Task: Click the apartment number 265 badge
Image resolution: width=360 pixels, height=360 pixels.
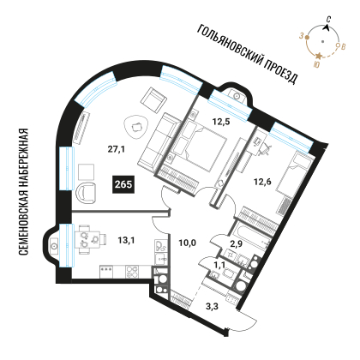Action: pos(123,184)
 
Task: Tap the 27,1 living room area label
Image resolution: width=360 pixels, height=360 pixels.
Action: pos(117,149)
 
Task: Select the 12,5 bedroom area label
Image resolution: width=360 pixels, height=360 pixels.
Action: pos(221,122)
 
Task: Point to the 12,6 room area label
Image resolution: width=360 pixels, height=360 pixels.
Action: pos(262,182)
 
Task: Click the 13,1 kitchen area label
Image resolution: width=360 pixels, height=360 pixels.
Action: pos(126,240)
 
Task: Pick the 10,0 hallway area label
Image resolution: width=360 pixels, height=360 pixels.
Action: pos(188,243)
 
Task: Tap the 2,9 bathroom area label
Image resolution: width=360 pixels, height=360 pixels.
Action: pos(237,243)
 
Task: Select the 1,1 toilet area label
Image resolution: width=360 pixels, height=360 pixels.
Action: pos(219,266)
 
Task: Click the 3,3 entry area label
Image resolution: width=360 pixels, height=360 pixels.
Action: pos(212,307)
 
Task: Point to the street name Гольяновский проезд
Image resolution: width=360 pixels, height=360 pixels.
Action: pos(248,54)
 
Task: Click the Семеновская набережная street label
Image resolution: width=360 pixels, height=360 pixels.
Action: pos(24,192)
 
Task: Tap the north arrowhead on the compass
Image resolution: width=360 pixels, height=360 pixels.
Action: pos(326,27)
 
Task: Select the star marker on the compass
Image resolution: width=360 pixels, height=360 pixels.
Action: pos(318,56)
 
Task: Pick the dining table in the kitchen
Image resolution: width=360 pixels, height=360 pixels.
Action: pos(87,240)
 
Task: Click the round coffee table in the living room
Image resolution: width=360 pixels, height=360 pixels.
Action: pos(136,126)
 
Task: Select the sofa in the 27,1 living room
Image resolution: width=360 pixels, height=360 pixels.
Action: pos(159,141)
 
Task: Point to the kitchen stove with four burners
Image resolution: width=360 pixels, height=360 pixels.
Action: pos(132,272)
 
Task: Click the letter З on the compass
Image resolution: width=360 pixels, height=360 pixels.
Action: pos(301,36)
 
